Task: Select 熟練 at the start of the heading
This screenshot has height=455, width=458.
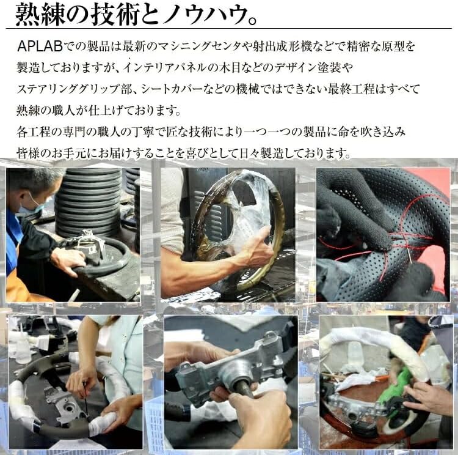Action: [35, 14]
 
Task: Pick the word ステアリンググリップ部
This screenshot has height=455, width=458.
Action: [70, 89]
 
